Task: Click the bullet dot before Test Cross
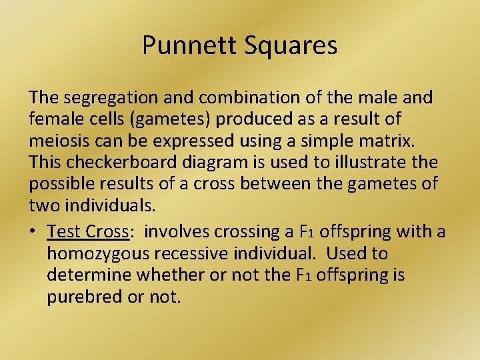[33, 232]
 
